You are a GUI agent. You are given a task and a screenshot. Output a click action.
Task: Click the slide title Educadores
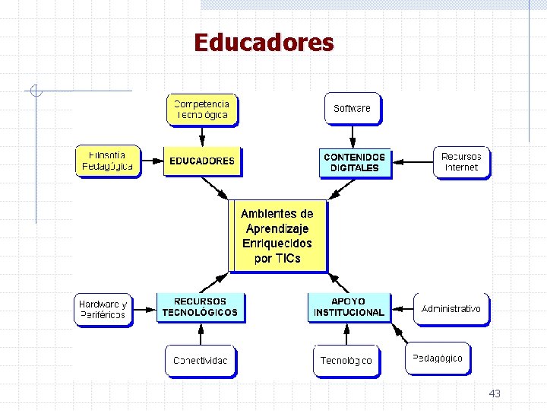[x=264, y=42]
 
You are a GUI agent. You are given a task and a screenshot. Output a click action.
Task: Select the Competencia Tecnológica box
[x=201, y=109]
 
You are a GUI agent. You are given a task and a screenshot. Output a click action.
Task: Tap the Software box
[x=352, y=108]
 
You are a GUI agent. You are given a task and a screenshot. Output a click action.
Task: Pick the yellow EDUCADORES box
[x=201, y=161]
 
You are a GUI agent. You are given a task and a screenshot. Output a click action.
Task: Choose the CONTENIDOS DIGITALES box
[x=354, y=162]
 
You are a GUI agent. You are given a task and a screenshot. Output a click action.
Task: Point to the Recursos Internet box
[x=461, y=162]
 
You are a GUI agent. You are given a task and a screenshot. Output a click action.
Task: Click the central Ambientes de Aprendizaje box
[x=277, y=236]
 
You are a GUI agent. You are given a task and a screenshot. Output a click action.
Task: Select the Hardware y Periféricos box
[x=103, y=309]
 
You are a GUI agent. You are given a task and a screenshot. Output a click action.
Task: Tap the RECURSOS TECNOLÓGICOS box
[x=200, y=307]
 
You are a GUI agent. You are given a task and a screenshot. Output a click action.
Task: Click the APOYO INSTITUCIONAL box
[x=349, y=307]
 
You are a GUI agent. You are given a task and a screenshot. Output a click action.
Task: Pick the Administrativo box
[x=451, y=309]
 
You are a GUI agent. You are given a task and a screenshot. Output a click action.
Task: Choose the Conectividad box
[x=200, y=361]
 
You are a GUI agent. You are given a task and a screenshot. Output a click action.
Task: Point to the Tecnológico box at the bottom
[x=346, y=361]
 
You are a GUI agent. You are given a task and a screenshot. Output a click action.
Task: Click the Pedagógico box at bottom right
[x=437, y=358]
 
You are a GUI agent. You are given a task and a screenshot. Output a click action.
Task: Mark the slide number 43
[x=495, y=393]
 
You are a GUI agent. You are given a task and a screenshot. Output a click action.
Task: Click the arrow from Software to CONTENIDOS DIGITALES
[x=353, y=136]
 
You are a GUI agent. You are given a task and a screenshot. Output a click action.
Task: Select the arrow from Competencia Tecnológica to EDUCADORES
[x=201, y=136]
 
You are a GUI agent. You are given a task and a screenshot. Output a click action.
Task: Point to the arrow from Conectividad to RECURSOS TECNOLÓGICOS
[x=200, y=334]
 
